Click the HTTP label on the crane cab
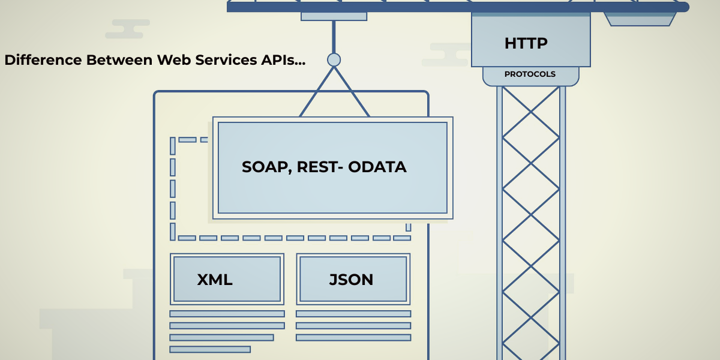[526, 44]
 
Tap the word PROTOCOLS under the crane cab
[530, 74]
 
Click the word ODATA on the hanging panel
[380, 167]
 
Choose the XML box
[227, 279]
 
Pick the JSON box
[353, 279]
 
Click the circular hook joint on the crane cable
[334, 59]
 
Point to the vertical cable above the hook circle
[334, 36]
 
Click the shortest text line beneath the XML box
[210, 349]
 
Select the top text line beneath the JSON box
[353, 314]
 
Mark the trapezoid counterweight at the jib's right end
[640, 19]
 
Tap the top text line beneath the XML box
[227, 314]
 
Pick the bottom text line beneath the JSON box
[353, 338]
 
